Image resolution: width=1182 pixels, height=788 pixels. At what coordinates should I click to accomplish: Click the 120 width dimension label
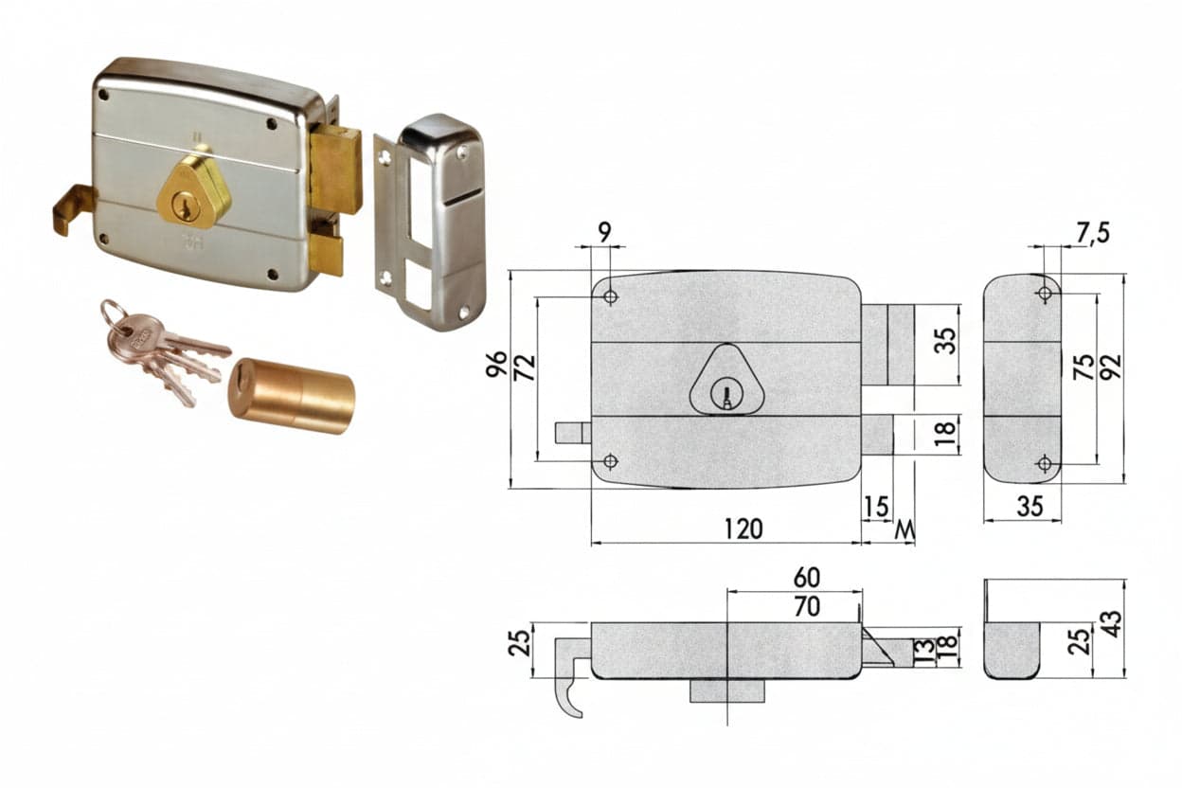743,528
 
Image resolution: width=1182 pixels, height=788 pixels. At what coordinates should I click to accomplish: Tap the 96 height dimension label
496,365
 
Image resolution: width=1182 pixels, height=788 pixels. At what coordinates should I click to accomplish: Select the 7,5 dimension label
1094,233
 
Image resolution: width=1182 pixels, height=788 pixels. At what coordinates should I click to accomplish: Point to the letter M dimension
904,529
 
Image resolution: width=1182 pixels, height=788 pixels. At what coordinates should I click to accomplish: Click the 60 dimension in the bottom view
807,578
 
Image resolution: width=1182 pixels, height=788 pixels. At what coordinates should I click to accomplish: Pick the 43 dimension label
1112,624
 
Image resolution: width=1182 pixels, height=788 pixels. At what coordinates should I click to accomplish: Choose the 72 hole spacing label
525,368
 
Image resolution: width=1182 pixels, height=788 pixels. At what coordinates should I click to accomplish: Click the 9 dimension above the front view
604,232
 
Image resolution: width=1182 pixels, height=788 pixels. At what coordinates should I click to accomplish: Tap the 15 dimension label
876,507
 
